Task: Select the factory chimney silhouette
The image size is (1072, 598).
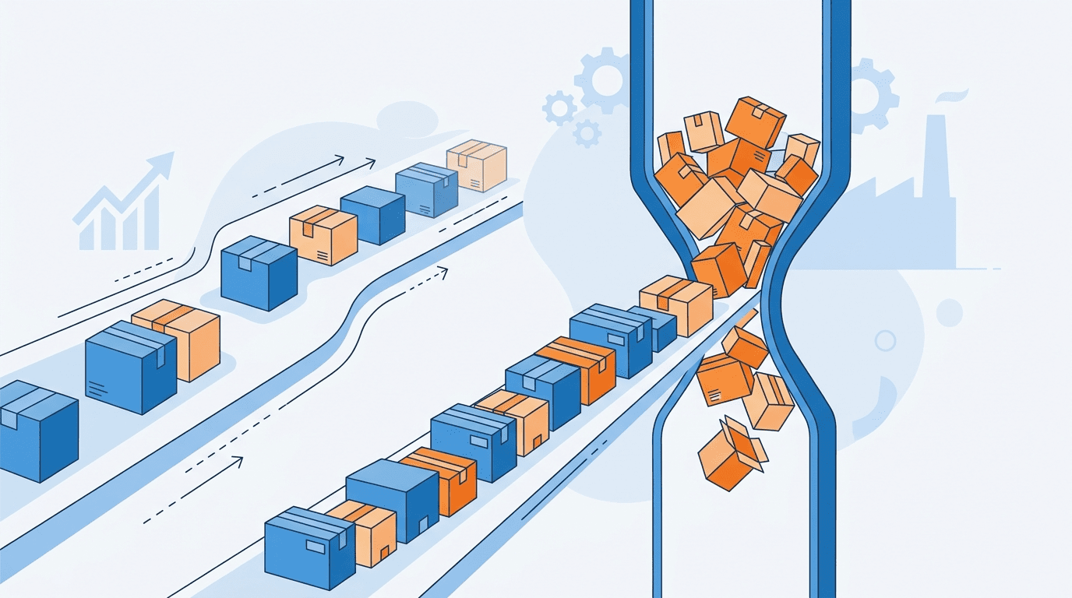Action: point(935,156)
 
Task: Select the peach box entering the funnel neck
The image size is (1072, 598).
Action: point(676,304)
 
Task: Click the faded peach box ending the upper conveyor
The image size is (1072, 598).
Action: point(477,166)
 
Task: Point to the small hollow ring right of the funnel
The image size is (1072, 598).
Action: point(885,340)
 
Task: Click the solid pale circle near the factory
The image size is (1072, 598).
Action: point(949,312)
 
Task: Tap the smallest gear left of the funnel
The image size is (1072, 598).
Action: point(587,134)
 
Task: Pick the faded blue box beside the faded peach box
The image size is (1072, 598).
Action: point(426,189)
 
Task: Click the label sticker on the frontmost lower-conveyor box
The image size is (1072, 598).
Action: point(316,547)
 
